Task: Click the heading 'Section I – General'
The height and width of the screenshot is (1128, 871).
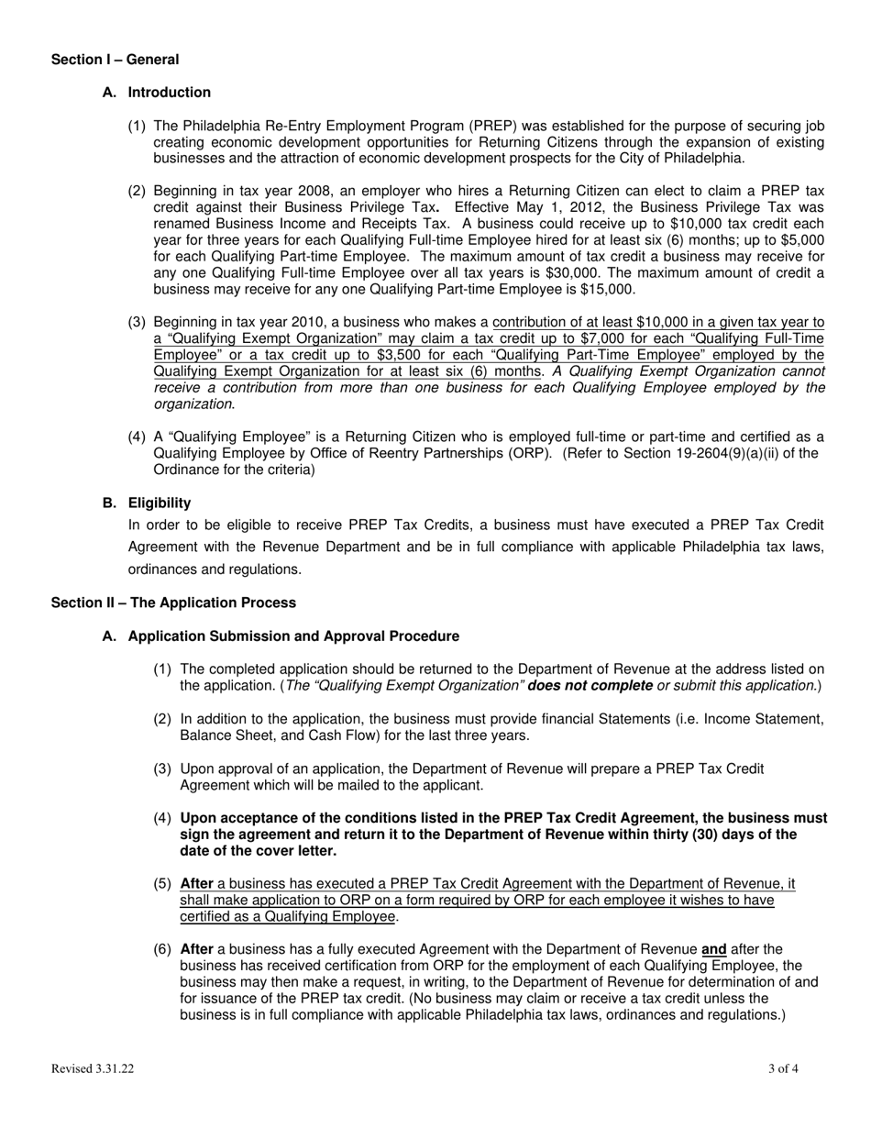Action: pyautogui.click(x=115, y=60)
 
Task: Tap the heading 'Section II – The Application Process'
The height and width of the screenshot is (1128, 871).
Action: pyautogui.click(x=173, y=603)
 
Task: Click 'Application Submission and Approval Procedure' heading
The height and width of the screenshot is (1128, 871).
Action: pyautogui.click(x=293, y=636)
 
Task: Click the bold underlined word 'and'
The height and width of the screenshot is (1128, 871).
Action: pyautogui.click(x=713, y=949)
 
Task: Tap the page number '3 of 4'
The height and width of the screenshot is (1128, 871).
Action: pyautogui.click(x=783, y=1068)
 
